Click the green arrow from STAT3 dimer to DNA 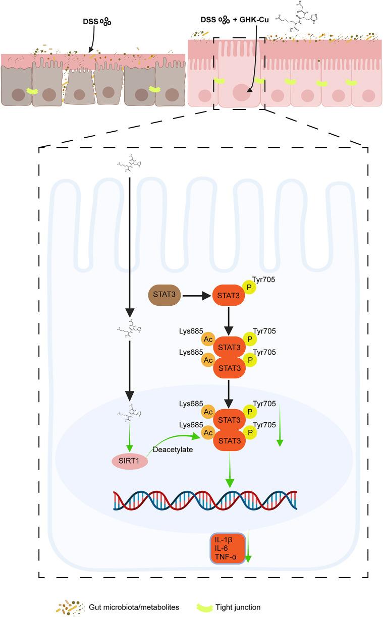click(x=231, y=471)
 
